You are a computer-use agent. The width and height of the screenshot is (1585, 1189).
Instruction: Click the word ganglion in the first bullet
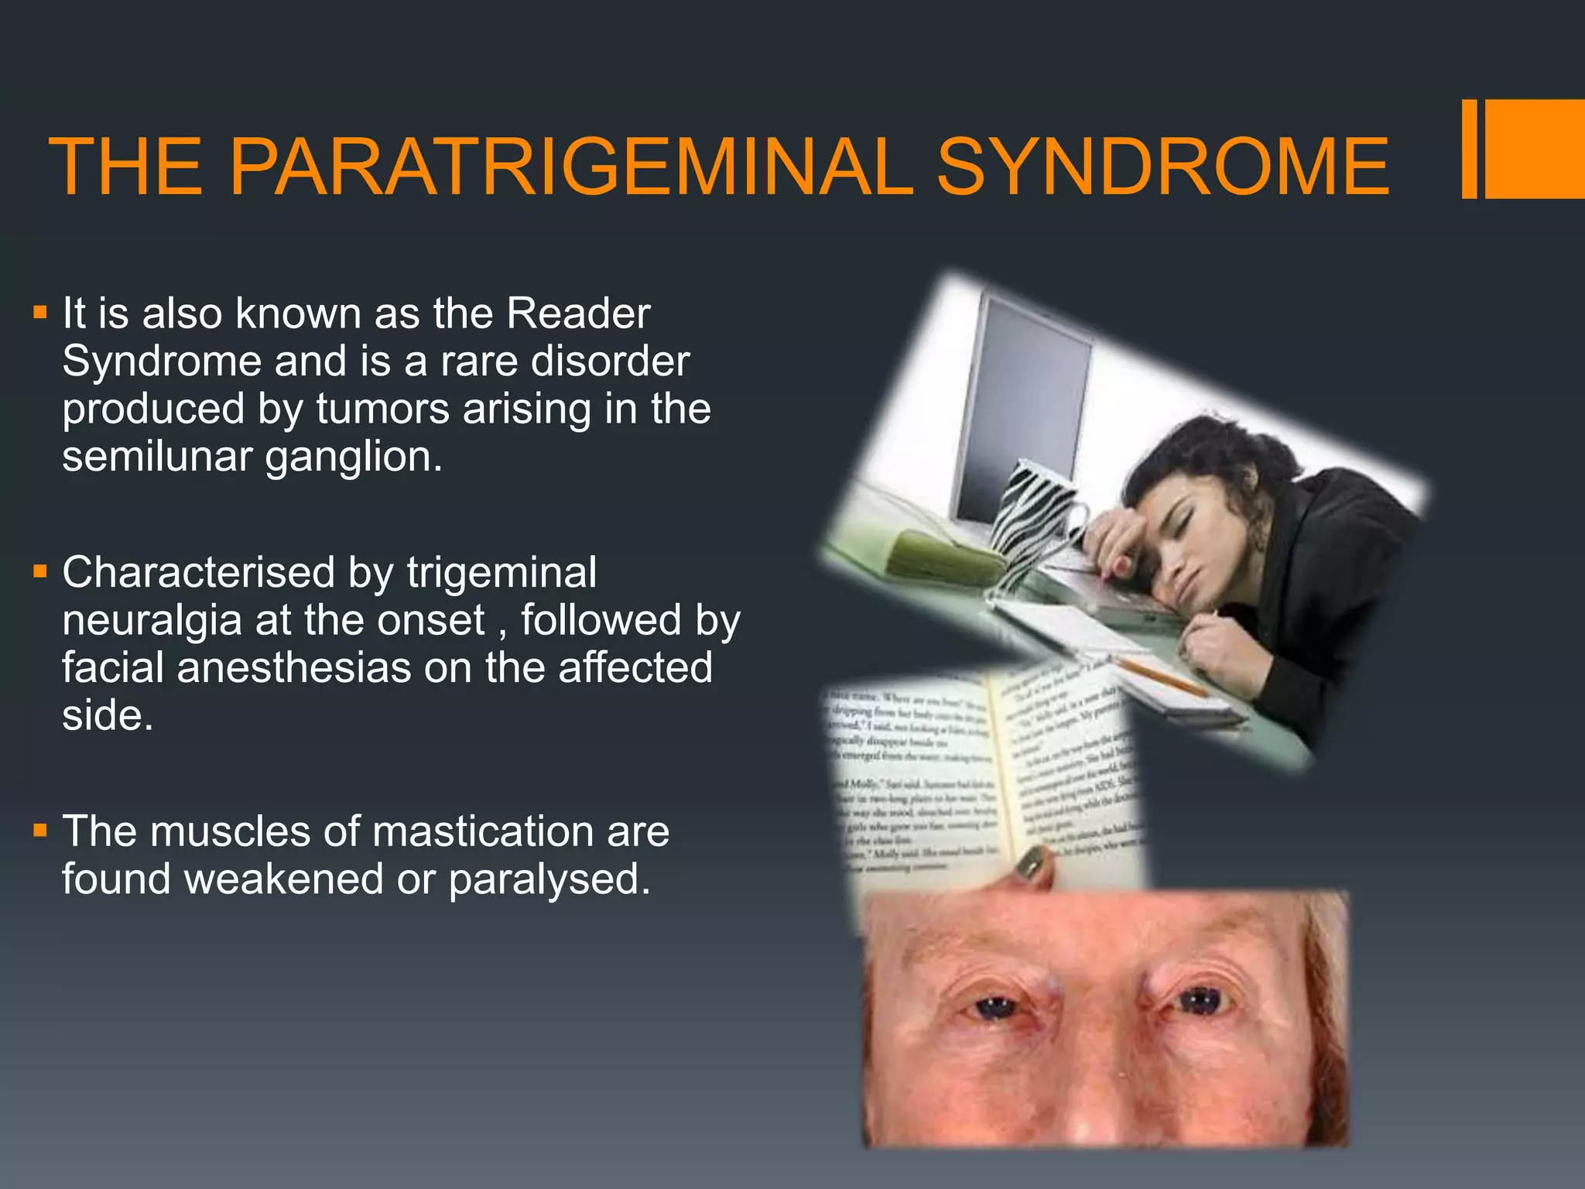pos(354,457)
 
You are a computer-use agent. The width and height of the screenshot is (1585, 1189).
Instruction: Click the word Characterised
pos(198,573)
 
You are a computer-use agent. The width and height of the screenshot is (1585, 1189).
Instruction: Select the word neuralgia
pos(152,621)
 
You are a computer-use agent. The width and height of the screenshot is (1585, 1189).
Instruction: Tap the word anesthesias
pos(293,668)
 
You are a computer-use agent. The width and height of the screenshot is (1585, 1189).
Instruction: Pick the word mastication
pos(483,832)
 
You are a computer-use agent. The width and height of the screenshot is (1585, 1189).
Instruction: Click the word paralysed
pos(549,880)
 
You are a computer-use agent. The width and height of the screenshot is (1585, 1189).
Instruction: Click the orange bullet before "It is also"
pos(40,314)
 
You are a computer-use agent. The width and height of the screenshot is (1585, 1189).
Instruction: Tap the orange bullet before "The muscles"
pos(40,831)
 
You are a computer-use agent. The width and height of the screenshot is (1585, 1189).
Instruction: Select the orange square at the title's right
pos(1535,149)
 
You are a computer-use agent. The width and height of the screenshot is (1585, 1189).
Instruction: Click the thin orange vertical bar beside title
pos(1469,149)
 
